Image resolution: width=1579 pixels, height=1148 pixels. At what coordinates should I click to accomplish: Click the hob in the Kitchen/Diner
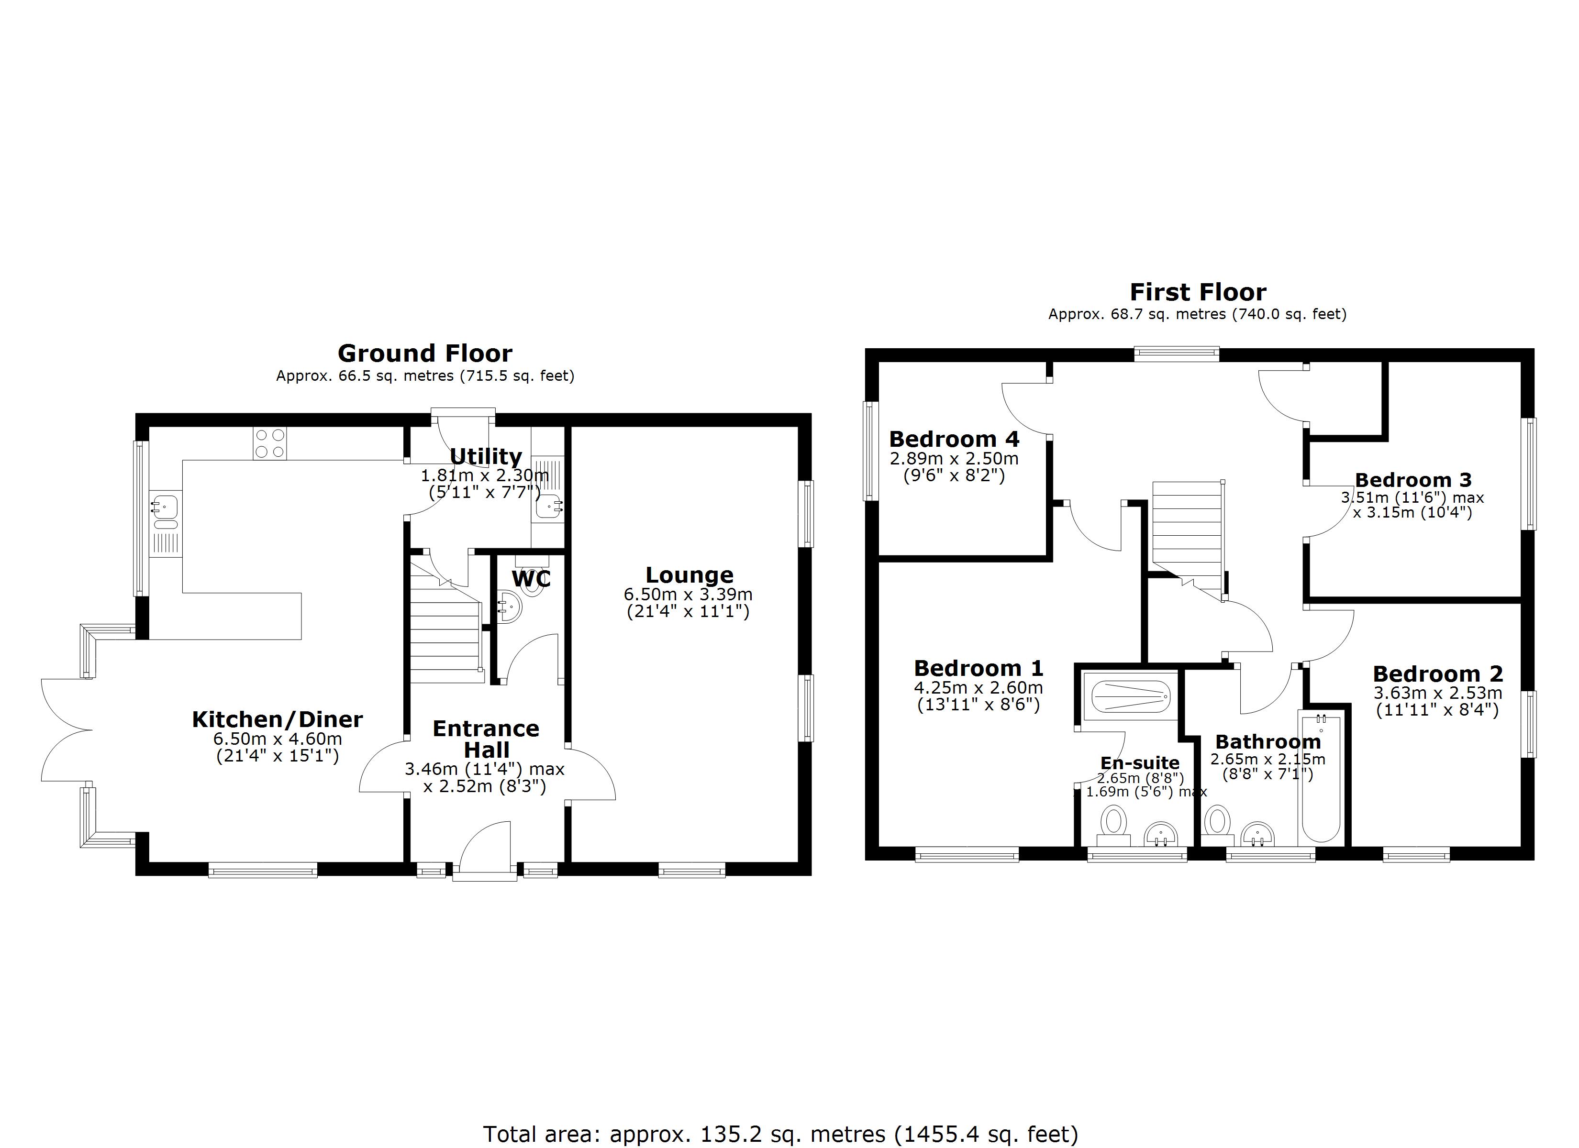point(270,443)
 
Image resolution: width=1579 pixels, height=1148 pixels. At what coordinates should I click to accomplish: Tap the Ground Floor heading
point(425,353)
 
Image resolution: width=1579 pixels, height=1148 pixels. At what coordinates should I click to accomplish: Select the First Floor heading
point(1198,292)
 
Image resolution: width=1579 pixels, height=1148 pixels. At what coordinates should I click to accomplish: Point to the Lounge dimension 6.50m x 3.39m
point(688,595)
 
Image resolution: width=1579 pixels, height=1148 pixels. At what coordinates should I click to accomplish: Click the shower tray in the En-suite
point(1129,696)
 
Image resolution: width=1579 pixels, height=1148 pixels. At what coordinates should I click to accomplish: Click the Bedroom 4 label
point(954,439)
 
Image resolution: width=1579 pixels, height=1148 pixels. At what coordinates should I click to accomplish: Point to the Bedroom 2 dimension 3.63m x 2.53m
point(1438,694)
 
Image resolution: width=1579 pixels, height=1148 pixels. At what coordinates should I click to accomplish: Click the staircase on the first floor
point(1187,529)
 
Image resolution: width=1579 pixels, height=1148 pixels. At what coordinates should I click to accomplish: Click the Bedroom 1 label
point(978,668)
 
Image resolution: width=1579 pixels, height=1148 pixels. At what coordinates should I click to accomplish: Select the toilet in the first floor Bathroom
point(1218,821)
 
